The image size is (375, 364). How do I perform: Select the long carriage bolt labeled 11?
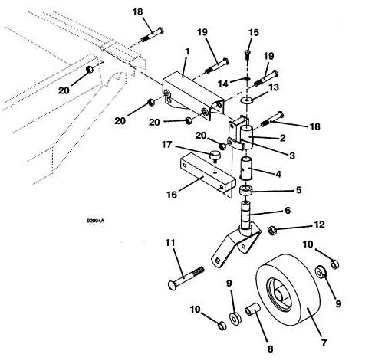(x=186, y=278)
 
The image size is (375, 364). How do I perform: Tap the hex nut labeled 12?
(x=271, y=230)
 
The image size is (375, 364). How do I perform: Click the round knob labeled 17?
(x=215, y=156)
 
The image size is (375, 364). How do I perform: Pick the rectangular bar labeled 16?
(x=208, y=172)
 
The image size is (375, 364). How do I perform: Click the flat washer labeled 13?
(x=247, y=100)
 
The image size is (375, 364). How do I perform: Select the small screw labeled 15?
(x=247, y=54)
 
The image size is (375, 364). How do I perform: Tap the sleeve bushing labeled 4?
(x=246, y=168)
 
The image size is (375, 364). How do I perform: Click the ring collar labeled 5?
(x=245, y=191)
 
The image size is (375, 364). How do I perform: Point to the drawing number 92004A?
(x=95, y=221)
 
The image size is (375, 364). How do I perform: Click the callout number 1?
(x=188, y=51)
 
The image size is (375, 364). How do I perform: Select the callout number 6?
(x=288, y=210)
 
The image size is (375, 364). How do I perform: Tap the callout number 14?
(x=223, y=84)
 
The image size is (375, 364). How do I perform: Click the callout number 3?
(x=292, y=156)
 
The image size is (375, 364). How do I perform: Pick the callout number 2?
(x=282, y=138)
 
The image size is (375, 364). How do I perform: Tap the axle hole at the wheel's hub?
(x=279, y=294)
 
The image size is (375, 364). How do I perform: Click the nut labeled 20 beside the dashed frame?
(x=90, y=70)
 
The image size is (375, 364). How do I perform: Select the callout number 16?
(x=172, y=195)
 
